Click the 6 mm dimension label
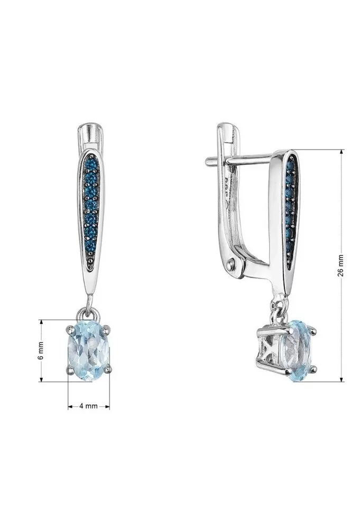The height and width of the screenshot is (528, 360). tap(41, 350)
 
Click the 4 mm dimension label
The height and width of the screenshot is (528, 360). tap(88, 406)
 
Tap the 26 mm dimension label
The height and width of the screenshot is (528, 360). tap(340, 265)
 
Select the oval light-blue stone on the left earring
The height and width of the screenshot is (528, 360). tap(89, 350)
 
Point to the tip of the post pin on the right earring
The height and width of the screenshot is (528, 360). tap(207, 161)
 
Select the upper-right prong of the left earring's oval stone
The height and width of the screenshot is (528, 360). tap(107, 327)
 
